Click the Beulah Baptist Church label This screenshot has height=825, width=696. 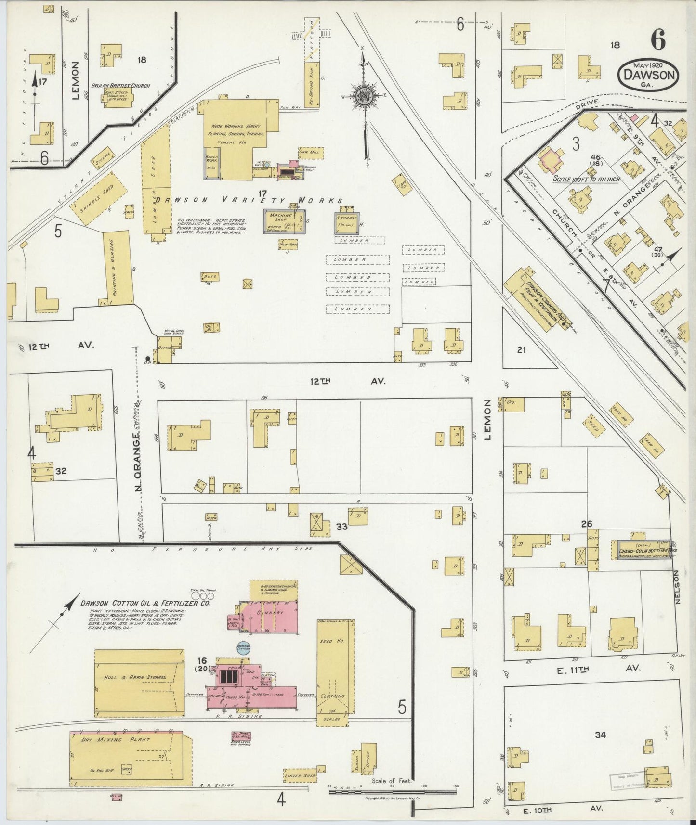pos(120,86)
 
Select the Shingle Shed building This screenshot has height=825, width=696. pos(98,198)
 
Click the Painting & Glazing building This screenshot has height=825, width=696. pos(117,269)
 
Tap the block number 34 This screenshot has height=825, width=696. pos(600,735)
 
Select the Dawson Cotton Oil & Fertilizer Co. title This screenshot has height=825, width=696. pos(144,603)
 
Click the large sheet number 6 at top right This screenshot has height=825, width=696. pos(658,40)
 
